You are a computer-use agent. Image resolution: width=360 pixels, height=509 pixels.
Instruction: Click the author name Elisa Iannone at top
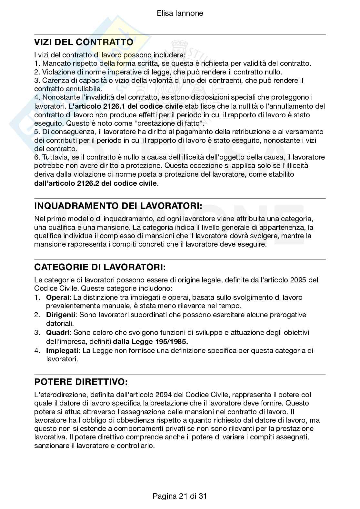pyautogui.click(x=180, y=13)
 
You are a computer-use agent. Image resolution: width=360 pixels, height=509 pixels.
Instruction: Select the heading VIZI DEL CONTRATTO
pyautogui.click(x=84, y=42)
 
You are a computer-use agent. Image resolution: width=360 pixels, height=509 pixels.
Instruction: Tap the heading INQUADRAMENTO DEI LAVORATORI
pyautogui.click(x=118, y=206)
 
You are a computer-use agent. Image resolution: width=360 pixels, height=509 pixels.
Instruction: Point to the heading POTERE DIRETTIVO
pyautogui.click(x=81, y=382)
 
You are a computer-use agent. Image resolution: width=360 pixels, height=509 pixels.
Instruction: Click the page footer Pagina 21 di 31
pyautogui.click(x=180, y=496)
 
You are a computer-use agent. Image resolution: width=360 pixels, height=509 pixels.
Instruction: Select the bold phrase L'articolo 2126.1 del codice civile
pyautogui.click(x=125, y=106)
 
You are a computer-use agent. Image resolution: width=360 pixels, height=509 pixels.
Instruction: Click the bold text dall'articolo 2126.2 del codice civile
pyautogui.click(x=95, y=183)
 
